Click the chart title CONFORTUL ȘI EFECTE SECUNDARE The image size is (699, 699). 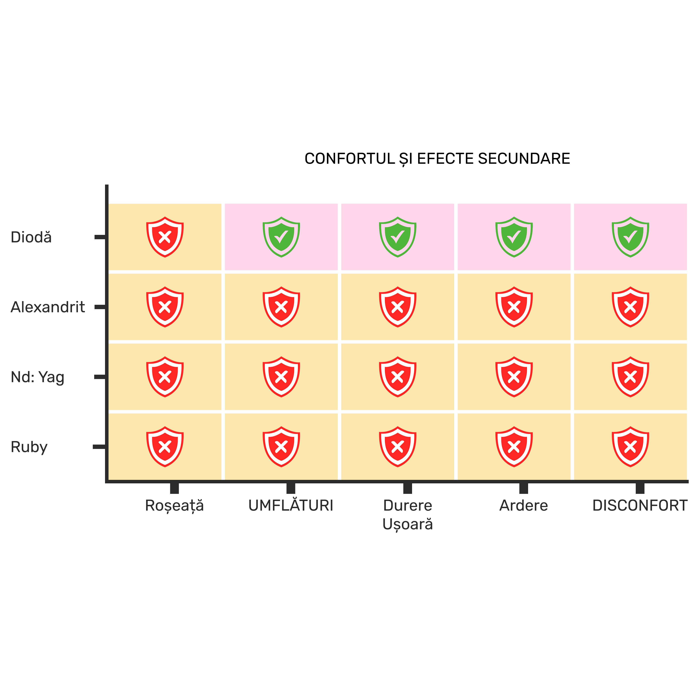tap(437, 159)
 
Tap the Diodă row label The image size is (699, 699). tap(31, 237)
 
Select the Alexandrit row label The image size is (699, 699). tap(48, 307)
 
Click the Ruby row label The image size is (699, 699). tap(29, 447)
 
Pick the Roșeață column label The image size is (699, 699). tap(174, 506)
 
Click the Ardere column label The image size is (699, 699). tap(524, 505)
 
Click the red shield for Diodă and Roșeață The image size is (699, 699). tap(165, 237)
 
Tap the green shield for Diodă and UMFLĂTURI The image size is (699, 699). tap(281, 237)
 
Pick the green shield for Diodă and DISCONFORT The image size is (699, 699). tap(630, 237)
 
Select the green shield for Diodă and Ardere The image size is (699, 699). tap(514, 237)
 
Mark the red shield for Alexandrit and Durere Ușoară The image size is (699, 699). tap(398, 307)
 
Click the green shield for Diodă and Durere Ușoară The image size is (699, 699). tap(398, 237)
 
